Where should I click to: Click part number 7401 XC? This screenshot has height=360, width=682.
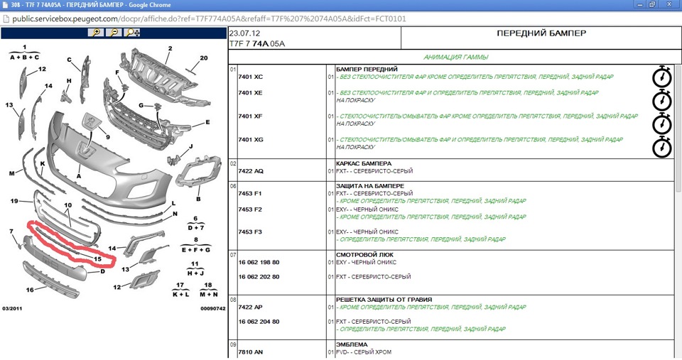251,77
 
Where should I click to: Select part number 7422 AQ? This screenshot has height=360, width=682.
251,171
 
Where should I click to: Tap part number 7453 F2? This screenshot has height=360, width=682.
250,209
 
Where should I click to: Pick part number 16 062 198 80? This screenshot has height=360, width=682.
259,263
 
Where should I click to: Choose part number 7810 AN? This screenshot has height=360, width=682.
251,352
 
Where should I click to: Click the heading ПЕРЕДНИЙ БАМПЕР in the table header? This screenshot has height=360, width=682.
541,33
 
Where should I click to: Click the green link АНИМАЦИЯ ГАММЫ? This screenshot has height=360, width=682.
456,57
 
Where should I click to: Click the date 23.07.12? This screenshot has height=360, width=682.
244,33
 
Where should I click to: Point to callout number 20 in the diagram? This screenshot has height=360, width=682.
204,58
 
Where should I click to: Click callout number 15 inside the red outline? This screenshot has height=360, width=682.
97,259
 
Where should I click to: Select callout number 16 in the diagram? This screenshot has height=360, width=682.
30,290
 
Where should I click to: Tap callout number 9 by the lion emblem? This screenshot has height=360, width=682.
108,137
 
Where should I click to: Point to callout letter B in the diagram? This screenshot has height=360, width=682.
198,199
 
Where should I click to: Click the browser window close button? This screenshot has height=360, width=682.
670,5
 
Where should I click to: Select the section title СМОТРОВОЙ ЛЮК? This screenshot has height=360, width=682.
364,255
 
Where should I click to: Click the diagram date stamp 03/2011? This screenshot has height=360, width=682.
12,309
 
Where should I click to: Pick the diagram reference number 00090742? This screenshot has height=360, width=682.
212,309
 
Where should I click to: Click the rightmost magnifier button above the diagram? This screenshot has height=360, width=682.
132,33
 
